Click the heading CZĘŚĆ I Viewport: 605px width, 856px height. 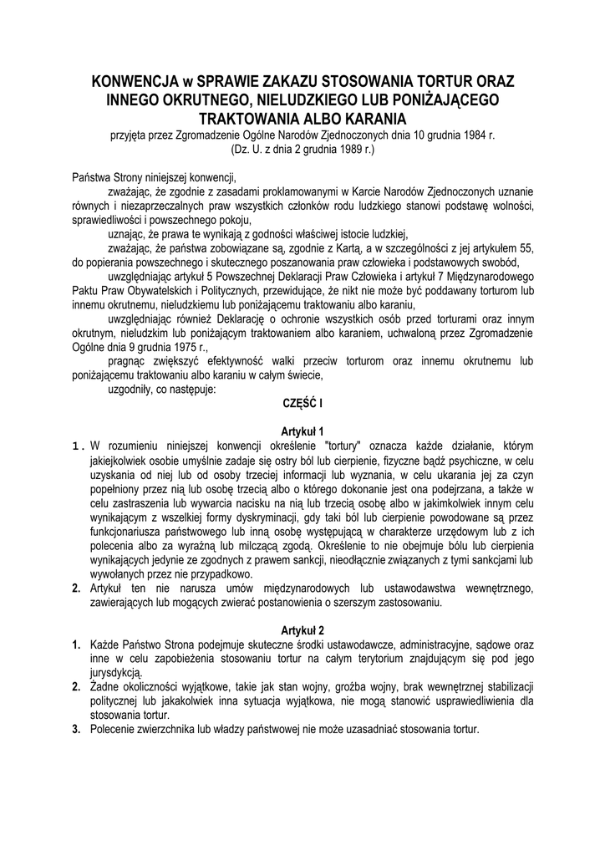tap(302, 403)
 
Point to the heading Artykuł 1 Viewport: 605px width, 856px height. tap(302, 431)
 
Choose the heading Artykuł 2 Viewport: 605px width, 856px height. tap(302, 630)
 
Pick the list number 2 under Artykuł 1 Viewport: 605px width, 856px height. tap(76, 590)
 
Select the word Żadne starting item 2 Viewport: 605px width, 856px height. tap(106, 687)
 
